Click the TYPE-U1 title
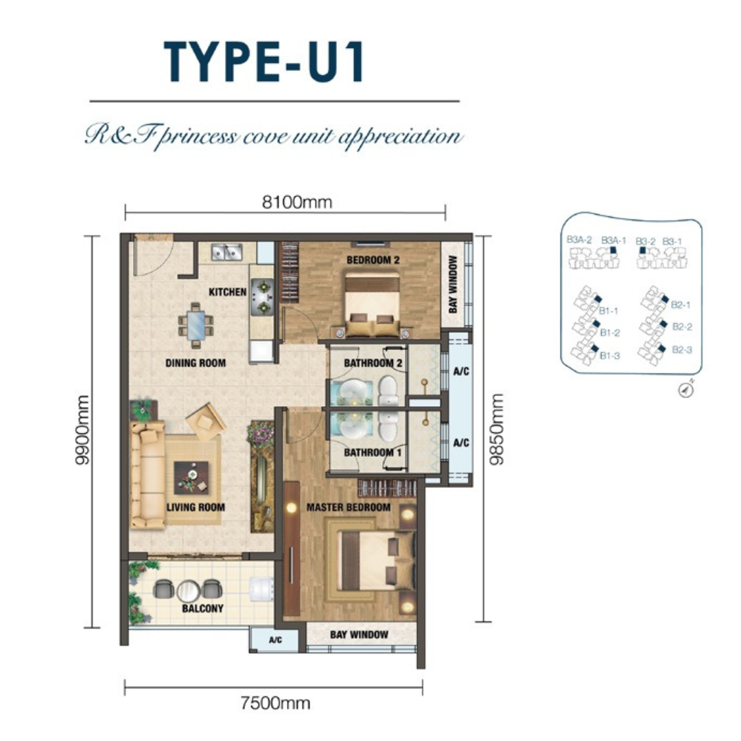click(x=265, y=62)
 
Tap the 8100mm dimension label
click(x=297, y=202)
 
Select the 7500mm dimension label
click(x=276, y=703)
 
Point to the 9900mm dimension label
click(x=82, y=430)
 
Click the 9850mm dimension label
click(x=496, y=430)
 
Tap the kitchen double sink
click(x=226, y=252)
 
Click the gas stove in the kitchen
click(x=262, y=297)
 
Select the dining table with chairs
click(x=196, y=326)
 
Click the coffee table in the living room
click(x=191, y=478)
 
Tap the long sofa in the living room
click(x=148, y=475)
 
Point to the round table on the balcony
click(x=188, y=591)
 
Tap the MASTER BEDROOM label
click(x=349, y=507)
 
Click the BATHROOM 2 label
click(x=373, y=363)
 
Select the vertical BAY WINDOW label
click(x=453, y=285)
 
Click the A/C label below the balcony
click(x=276, y=640)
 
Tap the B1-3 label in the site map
click(x=610, y=355)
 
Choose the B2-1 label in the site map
click(x=681, y=305)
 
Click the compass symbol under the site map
click(x=686, y=390)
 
